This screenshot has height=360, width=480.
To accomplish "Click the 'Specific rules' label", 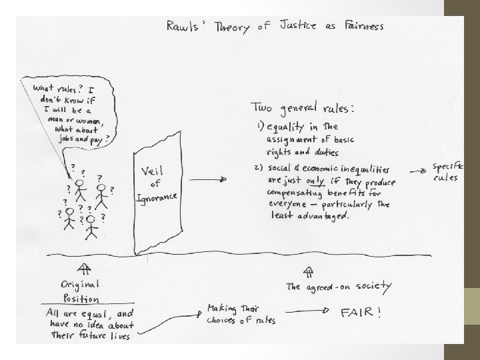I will pos(448,172).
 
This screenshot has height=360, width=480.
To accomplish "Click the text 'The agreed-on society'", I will pos(339,287).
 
